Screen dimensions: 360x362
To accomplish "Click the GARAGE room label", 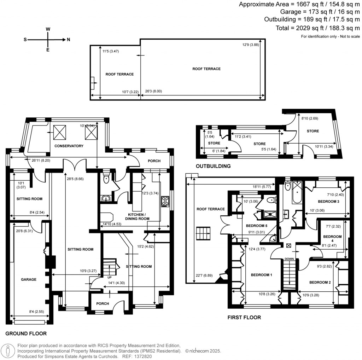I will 29,279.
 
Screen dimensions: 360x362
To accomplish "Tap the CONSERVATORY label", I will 69,146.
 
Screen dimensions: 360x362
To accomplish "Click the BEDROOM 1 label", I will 261,275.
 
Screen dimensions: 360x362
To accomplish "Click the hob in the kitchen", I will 165,201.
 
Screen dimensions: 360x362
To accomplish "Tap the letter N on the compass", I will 69,40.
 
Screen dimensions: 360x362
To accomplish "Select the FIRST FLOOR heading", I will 244,318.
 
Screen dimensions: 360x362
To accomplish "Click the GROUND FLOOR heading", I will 26,333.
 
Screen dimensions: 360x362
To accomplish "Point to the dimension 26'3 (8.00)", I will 153,91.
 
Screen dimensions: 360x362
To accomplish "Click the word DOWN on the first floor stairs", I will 289,259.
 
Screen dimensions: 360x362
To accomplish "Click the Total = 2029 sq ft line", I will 317,28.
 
